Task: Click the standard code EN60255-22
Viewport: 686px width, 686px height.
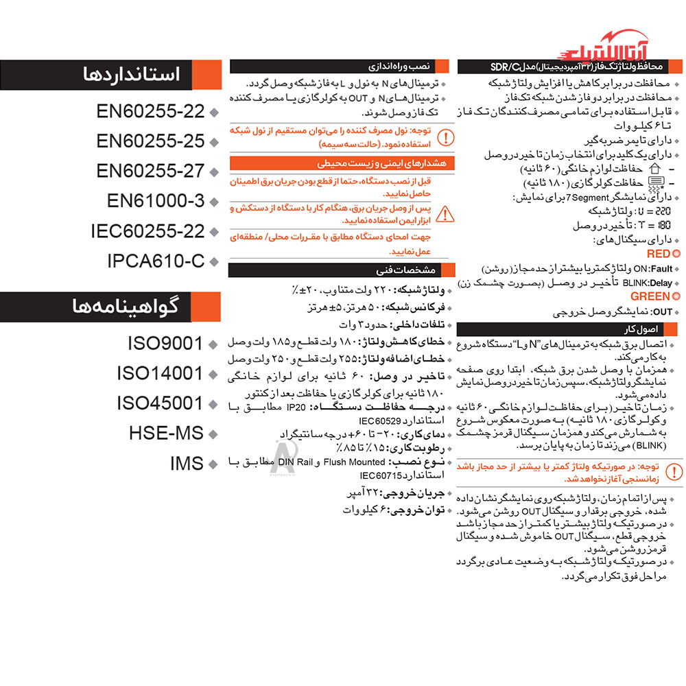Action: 150,111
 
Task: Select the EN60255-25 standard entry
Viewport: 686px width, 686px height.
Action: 150,141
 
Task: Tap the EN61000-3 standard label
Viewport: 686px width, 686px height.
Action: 156,201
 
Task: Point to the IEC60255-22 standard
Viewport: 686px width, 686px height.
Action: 147,231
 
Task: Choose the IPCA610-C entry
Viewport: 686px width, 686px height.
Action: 156,261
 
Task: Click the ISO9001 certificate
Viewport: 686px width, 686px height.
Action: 165,343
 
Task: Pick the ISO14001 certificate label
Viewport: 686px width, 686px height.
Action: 160,373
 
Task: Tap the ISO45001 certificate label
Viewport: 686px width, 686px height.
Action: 160,403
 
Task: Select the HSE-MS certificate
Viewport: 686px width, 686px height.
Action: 166,434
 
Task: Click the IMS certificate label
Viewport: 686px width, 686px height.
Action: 187,464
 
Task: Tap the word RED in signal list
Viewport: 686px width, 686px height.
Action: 658,254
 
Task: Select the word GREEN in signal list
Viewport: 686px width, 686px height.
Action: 650,296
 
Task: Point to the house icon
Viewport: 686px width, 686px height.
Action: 652,168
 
